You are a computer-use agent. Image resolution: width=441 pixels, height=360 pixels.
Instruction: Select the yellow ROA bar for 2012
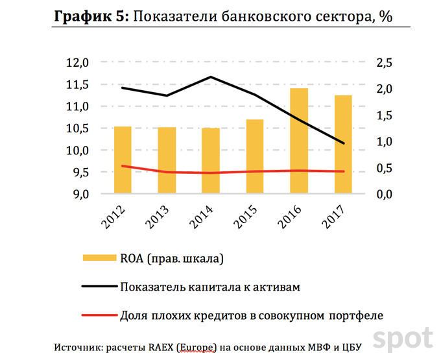coord(123,160)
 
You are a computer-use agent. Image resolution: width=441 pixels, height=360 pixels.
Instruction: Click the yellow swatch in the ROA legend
coord(99,259)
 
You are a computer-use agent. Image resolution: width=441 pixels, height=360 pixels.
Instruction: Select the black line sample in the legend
coord(99,286)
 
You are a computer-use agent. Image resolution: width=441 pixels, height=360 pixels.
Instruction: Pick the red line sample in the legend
coord(99,316)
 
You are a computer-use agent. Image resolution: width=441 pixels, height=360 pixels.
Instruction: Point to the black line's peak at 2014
coord(211,77)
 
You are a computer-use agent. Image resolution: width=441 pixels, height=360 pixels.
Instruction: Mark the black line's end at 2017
coord(343,143)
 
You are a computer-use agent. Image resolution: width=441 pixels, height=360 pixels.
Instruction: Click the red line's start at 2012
coord(123,166)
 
